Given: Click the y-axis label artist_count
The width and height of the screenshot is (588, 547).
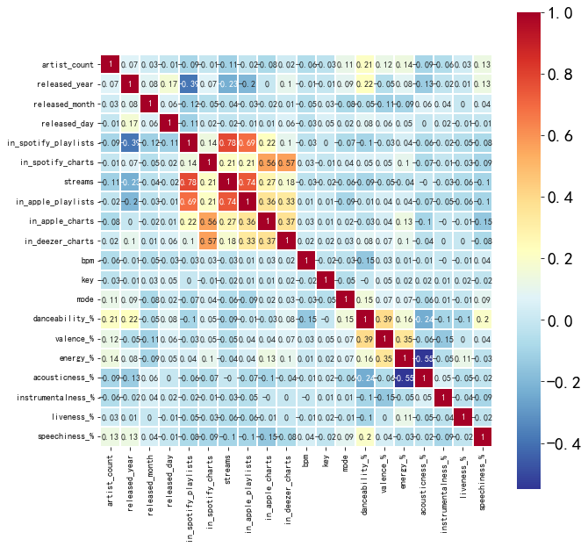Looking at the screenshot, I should click(x=68, y=65).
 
